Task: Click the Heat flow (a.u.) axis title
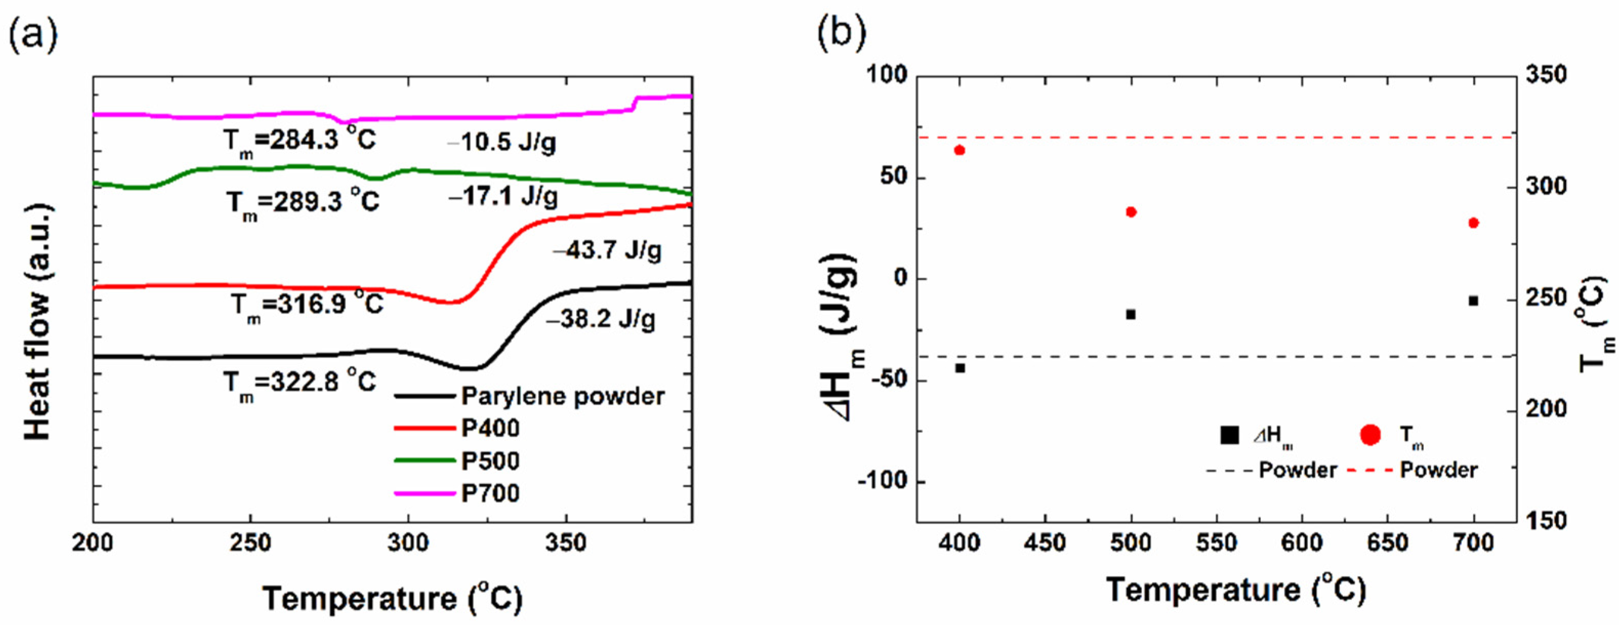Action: point(38,321)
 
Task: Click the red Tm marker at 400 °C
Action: point(959,150)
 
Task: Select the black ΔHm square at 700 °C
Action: point(1473,301)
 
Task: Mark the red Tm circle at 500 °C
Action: point(1131,212)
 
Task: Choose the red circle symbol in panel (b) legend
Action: point(1369,434)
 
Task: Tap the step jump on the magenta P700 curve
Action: point(635,102)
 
